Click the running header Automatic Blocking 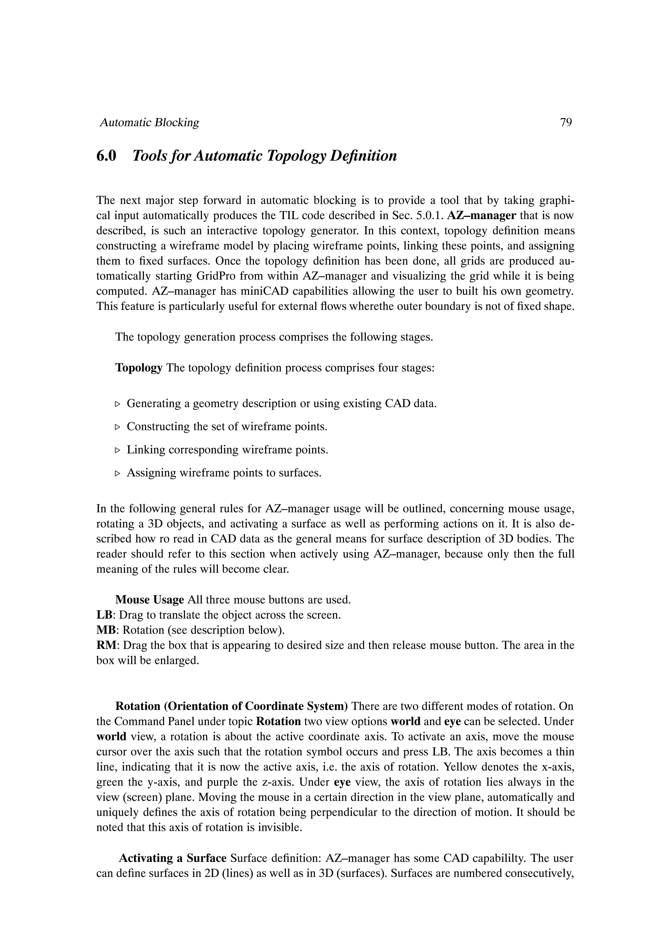(x=150, y=122)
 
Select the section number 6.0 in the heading (x=106, y=156)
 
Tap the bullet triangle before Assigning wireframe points (x=118, y=473)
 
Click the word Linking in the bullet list (x=146, y=450)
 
